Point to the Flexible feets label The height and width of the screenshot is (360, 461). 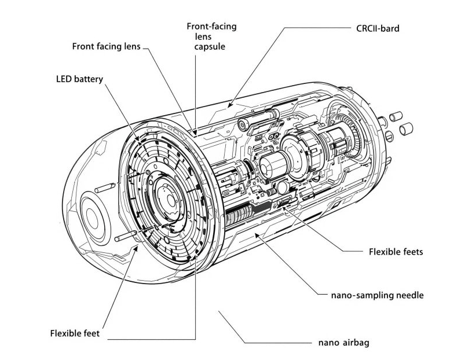click(396, 252)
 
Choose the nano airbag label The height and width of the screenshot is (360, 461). click(343, 342)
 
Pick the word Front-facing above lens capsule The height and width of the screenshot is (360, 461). click(211, 27)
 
